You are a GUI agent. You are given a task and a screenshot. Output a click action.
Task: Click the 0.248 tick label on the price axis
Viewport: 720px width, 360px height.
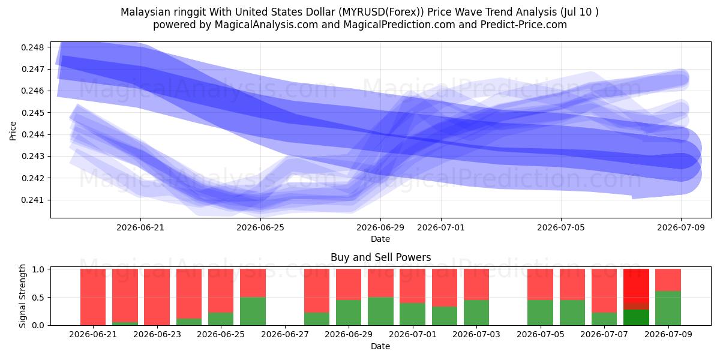tap(32, 47)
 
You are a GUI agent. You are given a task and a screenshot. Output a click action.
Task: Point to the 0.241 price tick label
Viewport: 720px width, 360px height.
tap(32, 200)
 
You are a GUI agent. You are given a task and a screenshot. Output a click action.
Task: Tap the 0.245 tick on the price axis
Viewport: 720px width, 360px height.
tap(32, 113)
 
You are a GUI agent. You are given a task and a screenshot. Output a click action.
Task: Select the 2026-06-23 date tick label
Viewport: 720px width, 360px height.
tap(157, 334)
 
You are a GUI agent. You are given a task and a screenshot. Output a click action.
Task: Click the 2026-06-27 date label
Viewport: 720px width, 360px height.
tap(285, 334)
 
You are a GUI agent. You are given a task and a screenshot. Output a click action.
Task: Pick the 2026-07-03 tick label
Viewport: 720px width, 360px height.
tap(476, 334)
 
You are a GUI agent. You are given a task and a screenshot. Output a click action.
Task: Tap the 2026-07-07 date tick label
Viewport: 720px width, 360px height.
tap(604, 334)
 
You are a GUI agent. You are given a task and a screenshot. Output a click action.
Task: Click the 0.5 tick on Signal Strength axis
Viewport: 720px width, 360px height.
tap(38, 298)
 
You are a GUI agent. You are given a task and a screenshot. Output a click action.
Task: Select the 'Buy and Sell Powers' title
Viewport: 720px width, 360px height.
tap(380, 257)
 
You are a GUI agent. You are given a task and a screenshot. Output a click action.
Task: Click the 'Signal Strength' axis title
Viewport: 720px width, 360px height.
tap(22, 296)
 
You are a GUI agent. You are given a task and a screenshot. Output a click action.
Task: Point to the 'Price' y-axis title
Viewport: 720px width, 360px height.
tap(13, 131)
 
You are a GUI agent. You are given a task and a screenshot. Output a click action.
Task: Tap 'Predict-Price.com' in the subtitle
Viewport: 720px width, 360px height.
tap(523, 25)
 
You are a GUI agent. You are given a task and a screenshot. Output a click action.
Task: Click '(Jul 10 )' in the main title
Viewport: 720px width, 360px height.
tap(580, 12)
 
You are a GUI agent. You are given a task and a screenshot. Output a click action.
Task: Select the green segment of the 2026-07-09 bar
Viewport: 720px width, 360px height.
tap(668, 308)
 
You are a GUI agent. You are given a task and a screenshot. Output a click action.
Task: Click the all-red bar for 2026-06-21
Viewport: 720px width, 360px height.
tap(93, 297)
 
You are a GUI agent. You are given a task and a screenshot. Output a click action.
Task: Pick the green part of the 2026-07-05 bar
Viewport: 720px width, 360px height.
tap(541, 313)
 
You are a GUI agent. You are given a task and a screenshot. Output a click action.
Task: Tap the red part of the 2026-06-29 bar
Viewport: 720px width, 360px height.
tap(349, 284)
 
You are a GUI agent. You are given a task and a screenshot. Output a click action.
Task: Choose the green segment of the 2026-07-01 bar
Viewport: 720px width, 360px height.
tap(412, 314)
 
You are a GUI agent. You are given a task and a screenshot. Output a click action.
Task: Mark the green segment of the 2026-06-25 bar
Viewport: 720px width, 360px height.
tap(221, 319)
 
